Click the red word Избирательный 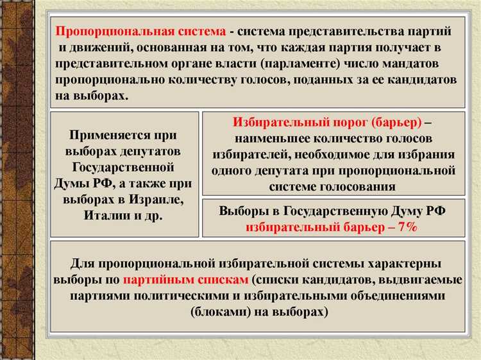[273, 122]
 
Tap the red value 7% [407, 227]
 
